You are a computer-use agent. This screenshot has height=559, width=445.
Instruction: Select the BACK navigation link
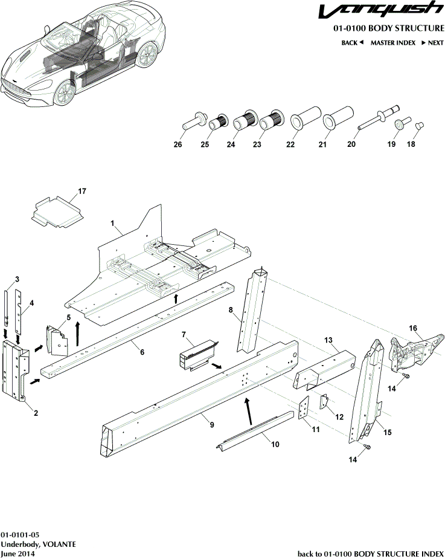[352, 43]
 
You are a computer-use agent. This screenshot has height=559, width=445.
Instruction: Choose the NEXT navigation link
[432, 43]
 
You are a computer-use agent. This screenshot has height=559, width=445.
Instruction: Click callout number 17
[82, 192]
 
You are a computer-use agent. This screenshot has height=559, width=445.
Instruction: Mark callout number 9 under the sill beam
[212, 425]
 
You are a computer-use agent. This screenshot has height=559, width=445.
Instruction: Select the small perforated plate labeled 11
[305, 408]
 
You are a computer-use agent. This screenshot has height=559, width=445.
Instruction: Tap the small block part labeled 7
[196, 354]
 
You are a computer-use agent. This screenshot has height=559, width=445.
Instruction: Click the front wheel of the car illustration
[65, 91]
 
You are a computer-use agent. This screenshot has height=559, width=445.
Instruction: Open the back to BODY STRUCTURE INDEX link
[371, 554]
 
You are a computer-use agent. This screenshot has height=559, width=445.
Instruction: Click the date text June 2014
[18, 554]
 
